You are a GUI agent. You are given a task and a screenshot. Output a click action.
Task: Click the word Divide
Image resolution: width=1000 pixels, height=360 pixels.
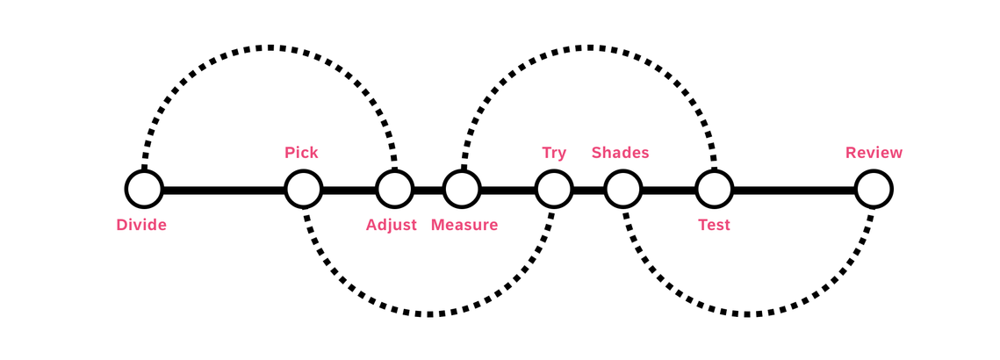pos(141,226)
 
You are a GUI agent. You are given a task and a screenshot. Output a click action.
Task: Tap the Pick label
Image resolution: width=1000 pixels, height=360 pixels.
pos(301,153)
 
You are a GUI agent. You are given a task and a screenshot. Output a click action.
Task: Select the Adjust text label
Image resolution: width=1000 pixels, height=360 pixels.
pos(391,226)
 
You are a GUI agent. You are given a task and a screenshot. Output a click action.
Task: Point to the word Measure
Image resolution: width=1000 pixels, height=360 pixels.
pos(464,226)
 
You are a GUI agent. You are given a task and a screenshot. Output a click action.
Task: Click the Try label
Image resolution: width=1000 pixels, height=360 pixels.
pos(554,153)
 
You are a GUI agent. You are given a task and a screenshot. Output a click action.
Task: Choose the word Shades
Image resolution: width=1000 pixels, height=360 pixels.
pos(621,153)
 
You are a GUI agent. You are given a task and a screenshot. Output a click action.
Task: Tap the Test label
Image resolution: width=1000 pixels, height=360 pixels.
pos(715,226)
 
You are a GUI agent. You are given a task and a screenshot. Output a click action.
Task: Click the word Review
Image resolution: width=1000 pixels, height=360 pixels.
pos(874,153)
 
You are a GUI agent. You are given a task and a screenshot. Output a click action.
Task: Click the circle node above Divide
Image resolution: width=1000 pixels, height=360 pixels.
pos(144,190)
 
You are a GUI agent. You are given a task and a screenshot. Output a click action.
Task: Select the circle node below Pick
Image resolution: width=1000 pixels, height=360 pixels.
pos(303,190)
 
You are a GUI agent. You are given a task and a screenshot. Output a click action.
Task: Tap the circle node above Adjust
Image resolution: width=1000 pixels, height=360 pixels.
pos(395,190)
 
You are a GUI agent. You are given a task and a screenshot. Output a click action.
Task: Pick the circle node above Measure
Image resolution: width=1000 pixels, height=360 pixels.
pos(462,190)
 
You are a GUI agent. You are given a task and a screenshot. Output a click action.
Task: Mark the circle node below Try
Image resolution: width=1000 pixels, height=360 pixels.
pos(554,190)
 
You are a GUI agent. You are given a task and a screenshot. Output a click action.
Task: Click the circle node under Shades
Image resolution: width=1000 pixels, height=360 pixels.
pos(623,190)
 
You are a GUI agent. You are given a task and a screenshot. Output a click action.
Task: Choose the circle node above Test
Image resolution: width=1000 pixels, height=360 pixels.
pos(715,190)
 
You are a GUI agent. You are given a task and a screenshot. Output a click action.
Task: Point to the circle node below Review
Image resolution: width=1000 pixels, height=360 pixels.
pos(874,190)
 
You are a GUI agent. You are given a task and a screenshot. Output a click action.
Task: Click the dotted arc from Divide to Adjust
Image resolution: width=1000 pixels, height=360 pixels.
pos(270,47)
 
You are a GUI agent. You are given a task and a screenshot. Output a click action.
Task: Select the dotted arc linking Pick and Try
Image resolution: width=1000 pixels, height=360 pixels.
pos(428,314)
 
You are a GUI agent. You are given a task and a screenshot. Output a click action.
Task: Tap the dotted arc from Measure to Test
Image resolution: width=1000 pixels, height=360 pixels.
pos(588,47)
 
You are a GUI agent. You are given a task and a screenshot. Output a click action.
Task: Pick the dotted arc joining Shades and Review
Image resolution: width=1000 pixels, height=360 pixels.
pos(748,314)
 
